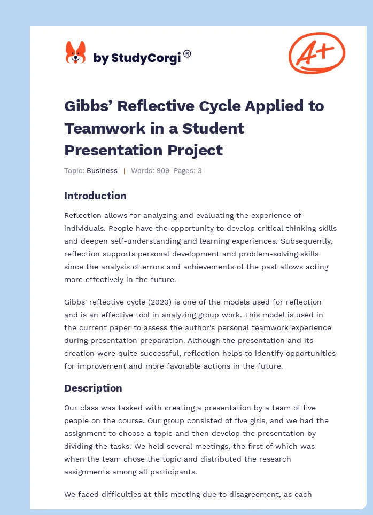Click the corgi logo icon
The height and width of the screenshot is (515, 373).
[75, 52]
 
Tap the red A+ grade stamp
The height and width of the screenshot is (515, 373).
[317, 52]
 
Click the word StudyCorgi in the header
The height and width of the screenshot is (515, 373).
[146, 58]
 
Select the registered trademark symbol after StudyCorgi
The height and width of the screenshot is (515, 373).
[187, 54]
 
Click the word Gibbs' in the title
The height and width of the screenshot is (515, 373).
[88, 106]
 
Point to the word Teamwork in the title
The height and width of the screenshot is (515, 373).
[105, 128]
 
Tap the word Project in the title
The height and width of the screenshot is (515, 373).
[195, 151]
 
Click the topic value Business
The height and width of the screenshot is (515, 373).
[102, 171]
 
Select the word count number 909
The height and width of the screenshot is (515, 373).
[162, 171]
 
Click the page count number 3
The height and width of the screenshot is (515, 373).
[199, 171]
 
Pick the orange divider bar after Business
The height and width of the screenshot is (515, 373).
[124, 171]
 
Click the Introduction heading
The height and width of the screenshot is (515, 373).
[95, 196]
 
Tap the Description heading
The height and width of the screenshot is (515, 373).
[93, 388]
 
